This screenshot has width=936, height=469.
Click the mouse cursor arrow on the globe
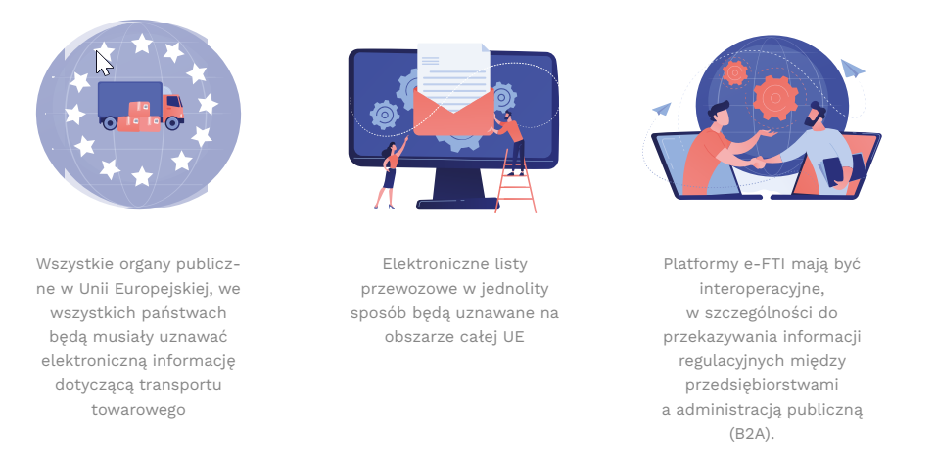103,62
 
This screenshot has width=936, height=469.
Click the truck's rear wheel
110,123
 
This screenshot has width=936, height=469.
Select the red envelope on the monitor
453,113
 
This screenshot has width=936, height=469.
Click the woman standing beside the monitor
390,172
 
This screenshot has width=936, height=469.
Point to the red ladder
515,180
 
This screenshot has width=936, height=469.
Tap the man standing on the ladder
510,141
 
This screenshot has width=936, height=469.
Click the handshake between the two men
758,162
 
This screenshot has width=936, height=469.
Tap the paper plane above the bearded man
853,70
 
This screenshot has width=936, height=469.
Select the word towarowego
138,410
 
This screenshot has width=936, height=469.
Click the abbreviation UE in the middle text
513,337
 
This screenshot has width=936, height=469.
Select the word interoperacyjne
762,289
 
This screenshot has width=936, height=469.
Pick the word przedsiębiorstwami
762,385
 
